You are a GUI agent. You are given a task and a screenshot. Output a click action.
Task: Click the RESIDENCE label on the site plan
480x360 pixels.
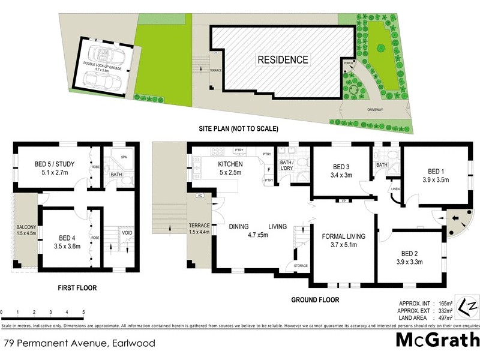pyautogui.click(x=283, y=59)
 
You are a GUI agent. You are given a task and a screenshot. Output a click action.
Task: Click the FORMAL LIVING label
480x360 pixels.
pyautogui.click(x=344, y=236)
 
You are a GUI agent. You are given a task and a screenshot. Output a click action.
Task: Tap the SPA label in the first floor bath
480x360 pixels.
pyautogui.click(x=124, y=157)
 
